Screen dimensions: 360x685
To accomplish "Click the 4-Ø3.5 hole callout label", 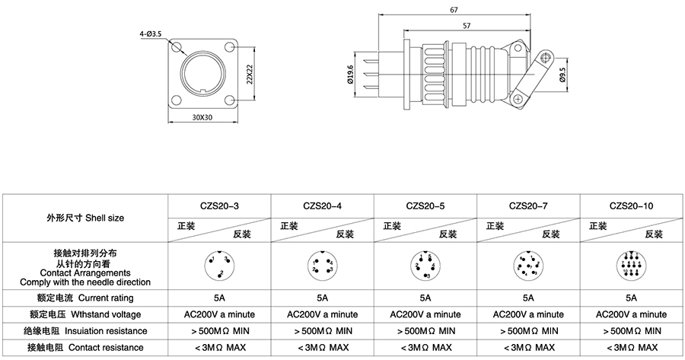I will pyautogui.click(x=149, y=34).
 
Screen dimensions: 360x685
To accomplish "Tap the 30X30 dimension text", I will pyautogui.click(x=202, y=118).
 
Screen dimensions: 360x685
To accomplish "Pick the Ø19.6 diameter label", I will pyautogui.click(x=350, y=75).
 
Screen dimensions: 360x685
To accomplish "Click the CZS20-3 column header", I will pyautogui.click(x=219, y=205).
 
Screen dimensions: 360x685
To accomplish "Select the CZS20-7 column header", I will pyautogui.click(x=527, y=205).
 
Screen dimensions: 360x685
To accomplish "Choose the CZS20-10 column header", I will pyautogui.click(x=632, y=205).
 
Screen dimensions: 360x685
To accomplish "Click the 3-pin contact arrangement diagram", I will pyautogui.click(x=219, y=266).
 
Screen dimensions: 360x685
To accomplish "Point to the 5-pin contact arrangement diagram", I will pyautogui.click(x=425, y=266).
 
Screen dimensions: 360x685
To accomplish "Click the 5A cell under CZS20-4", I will pyautogui.click(x=322, y=298).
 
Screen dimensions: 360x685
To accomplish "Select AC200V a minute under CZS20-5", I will pyautogui.click(x=425, y=314).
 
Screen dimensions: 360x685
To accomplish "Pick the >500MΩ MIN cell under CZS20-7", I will pyautogui.click(x=527, y=331).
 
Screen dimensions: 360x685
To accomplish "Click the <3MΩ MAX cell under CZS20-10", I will pyautogui.click(x=631, y=348).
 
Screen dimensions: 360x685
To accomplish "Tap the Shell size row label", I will pyautogui.click(x=85, y=218).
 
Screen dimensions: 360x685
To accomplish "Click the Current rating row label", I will pyautogui.click(x=85, y=298).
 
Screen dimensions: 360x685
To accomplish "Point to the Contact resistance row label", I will pyautogui.click(x=85, y=348).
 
